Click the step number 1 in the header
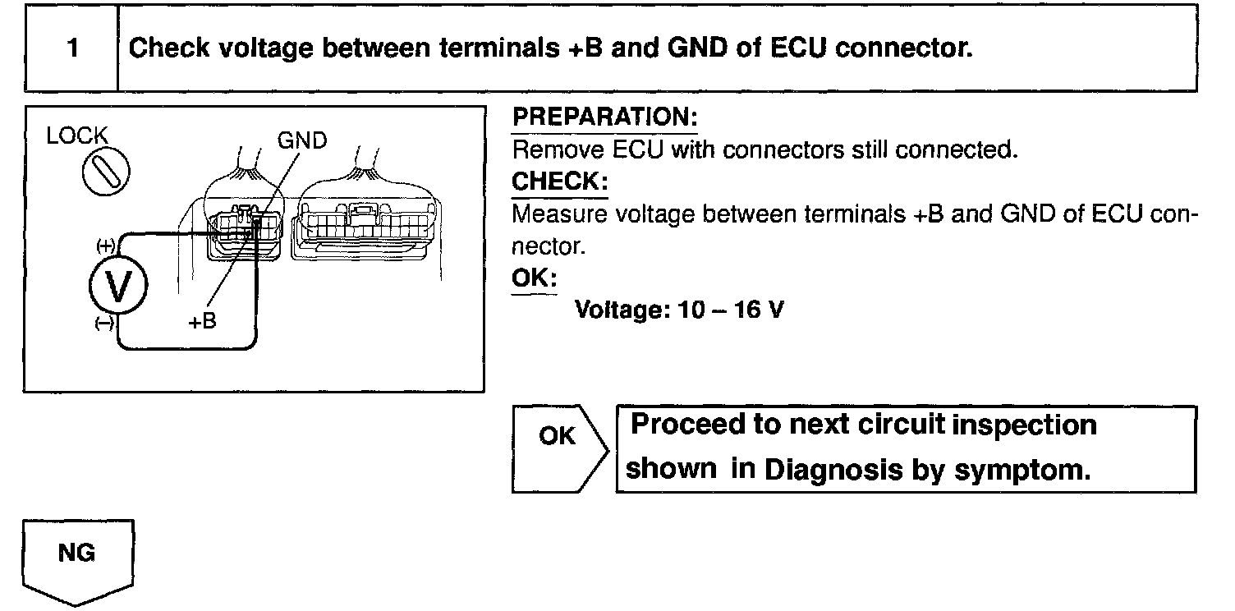[73, 48]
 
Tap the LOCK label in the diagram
[77, 136]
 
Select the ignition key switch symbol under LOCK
[103, 174]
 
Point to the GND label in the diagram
[302, 140]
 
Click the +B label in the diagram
[202, 321]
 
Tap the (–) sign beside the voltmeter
[104, 324]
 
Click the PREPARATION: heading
[604, 118]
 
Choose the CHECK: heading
[559, 181]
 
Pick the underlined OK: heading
[534, 278]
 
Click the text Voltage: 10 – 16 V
[669, 310]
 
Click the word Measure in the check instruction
[559, 214]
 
